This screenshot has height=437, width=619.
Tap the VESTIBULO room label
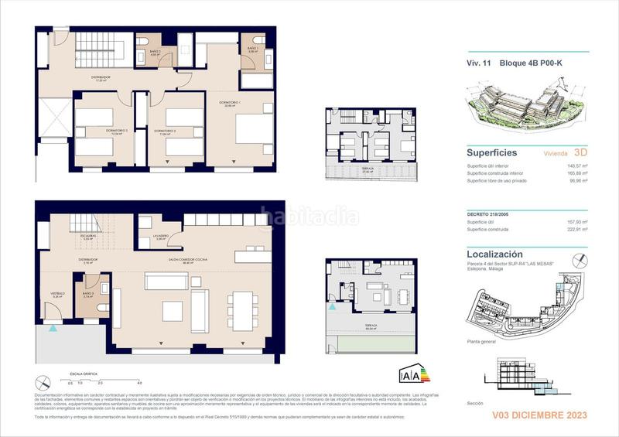pos(57,293)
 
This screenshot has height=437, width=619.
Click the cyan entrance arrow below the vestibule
pos(53,328)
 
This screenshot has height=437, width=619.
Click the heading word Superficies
pos(491,153)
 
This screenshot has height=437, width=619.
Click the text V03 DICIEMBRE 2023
pos(540,415)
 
